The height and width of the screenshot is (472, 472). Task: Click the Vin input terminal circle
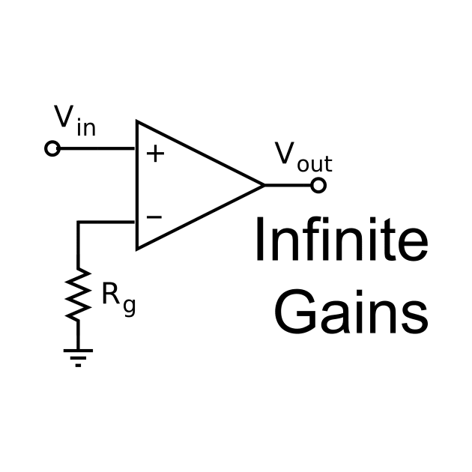(x=52, y=148)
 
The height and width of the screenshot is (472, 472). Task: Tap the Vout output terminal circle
(x=318, y=185)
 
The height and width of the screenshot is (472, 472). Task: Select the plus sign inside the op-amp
(x=154, y=154)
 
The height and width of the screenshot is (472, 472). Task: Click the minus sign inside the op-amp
(x=154, y=217)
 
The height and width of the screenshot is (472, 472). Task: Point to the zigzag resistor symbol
(x=78, y=294)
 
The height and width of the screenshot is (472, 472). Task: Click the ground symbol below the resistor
(x=78, y=356)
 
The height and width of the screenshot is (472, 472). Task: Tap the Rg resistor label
(x=118, y=297)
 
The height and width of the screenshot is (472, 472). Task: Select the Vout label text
(x=303, y=156)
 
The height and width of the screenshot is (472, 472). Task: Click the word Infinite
(x=341, y=240)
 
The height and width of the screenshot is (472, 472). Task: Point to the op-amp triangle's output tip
(x=263, y=185)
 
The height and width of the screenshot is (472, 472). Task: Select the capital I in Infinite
(x=260, y=240)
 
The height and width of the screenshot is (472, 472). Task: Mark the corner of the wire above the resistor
(x=78, y=222)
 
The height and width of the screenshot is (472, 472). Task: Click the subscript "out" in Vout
(x=314, y=164)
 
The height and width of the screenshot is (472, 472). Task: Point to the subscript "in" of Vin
(x=85, y=128)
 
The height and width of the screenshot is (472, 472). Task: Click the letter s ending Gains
(x=414, y=316)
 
